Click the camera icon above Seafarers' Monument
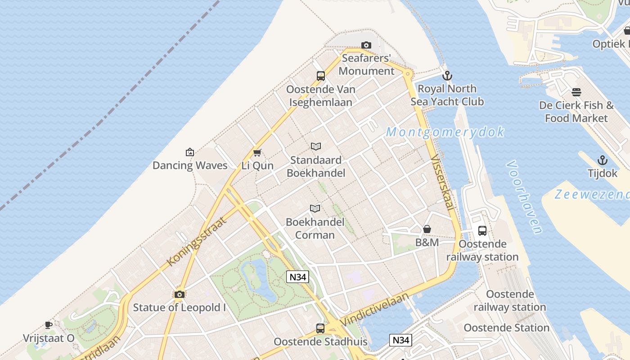(366, 45)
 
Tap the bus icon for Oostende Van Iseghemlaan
(321, 76)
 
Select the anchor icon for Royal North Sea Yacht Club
(447, 76)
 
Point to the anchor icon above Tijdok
(602, 160)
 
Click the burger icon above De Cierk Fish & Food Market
(576, 92)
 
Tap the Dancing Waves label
(190, 166)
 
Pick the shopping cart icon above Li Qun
(257, 153)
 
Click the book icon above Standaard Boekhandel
(316, 146)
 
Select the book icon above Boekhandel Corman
(315, 208)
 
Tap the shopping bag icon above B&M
(427, 229)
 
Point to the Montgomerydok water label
(445, 132)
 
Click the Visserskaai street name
(442, 182)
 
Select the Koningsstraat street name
(195, 241)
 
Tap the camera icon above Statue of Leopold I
(180, 295)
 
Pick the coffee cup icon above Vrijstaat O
(49, 325)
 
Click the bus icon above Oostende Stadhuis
(320, 328)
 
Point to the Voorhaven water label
(525, 197)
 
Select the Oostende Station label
(506, 328)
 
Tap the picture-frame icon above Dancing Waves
(190, 152)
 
